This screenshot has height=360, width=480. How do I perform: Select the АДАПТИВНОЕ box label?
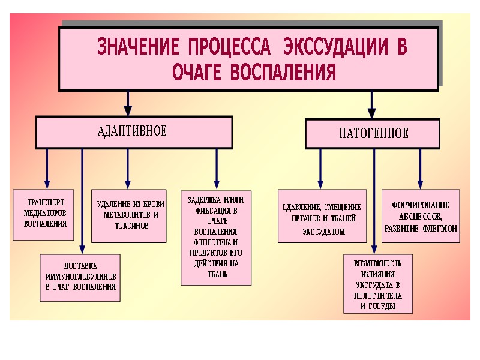[x=132, y=131]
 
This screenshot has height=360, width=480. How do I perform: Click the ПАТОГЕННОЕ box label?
[x=372, y=133]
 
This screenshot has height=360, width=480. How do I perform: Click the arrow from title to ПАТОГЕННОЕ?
[x=372, y=105]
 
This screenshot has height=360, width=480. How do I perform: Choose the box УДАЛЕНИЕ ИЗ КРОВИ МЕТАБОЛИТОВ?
[x=128, y=216]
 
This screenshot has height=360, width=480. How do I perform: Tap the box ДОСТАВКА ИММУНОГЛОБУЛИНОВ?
[x=80, y=277]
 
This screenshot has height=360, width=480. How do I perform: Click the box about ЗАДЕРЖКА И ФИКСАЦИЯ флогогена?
[x=216, y=238]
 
